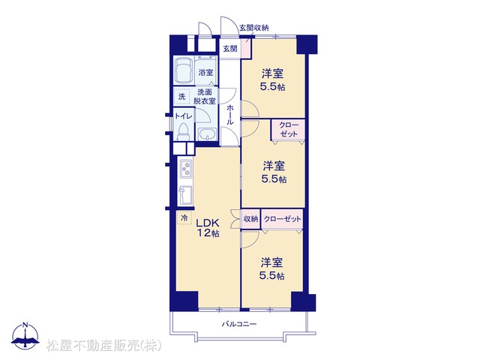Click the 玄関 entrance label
230,49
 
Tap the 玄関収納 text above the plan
253,28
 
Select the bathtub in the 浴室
183,70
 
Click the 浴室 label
205,73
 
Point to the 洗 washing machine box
182,97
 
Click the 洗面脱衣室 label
205,97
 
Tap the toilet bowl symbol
184,131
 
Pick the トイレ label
184,116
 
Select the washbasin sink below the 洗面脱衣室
207,133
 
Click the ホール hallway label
230,115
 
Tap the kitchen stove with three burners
186,169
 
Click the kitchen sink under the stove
186,195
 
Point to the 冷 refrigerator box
184,218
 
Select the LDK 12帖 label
208,228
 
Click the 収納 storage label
250,219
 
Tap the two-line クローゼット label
289,130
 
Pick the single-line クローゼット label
282,219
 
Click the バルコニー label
239,324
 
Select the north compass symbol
25,336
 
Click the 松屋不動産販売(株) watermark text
103,345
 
